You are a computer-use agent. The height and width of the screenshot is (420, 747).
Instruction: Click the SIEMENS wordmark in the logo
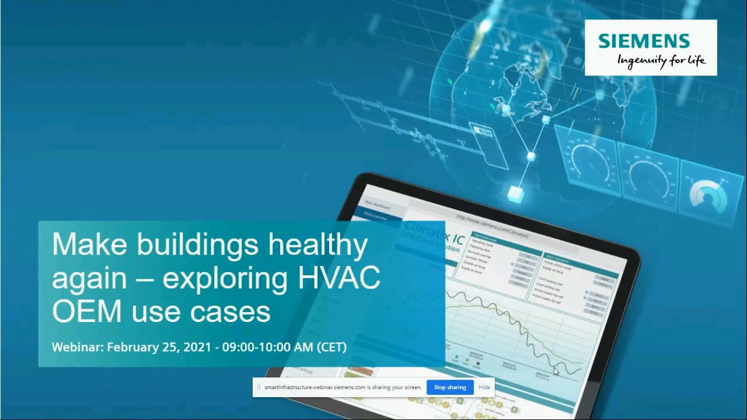pyautogui.click(x=644, y=41)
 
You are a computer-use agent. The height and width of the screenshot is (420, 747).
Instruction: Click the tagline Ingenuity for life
pyautogui.click(x=661, y=60)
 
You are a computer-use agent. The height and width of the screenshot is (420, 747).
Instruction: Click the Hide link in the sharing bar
pyautogui.click(x=484, y=387)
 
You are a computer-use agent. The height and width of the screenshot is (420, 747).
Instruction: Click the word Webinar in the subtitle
pyautogui.click(x=77, y=347)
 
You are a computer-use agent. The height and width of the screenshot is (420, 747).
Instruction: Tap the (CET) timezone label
pyautogui.click(x=331, y=347)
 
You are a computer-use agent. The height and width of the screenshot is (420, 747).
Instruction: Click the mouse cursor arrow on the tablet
pyautogui.click(x=556, y=372)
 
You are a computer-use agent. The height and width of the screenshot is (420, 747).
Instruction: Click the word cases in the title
pyautogui.click(x=236, y=311)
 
